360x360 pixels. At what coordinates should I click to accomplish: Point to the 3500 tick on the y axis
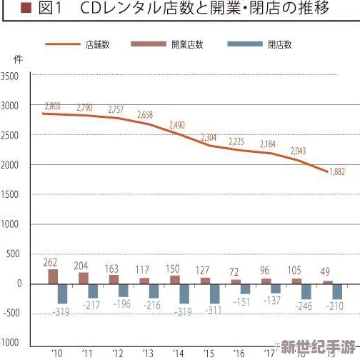point(11,76)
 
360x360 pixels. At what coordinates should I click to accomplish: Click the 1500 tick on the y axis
point(11,195)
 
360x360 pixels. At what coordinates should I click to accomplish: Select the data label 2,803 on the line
point(52,106)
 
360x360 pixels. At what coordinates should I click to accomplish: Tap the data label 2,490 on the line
point(177,125)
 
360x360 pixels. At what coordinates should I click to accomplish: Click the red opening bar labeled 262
point(53,276)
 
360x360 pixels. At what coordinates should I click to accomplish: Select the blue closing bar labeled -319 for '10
point(62,293)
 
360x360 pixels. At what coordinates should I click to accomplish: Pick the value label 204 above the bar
point(82,264)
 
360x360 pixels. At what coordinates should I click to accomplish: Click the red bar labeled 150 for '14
point(174,279)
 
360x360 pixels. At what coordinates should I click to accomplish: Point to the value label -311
point(213,311)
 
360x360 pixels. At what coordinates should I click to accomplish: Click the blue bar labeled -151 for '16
point(246,289)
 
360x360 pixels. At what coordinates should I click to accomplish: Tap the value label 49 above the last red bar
point(325,271)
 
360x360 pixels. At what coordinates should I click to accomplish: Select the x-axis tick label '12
point(117,353)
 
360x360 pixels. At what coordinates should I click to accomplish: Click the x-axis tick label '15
point(209,353)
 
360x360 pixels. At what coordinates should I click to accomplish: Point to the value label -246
point(304,307)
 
